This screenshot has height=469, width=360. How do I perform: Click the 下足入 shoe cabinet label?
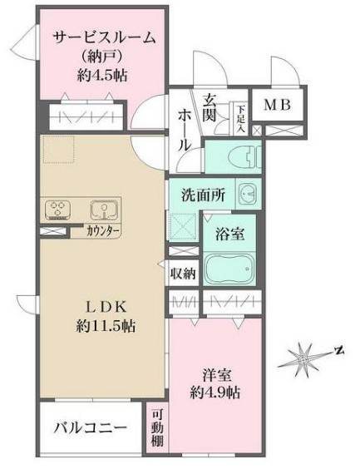tap(239, 116)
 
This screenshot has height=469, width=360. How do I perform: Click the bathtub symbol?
tap(226, 269)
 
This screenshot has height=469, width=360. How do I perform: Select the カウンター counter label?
tap(104, 231)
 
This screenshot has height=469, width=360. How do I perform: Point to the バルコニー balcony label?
tap(91, 430)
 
